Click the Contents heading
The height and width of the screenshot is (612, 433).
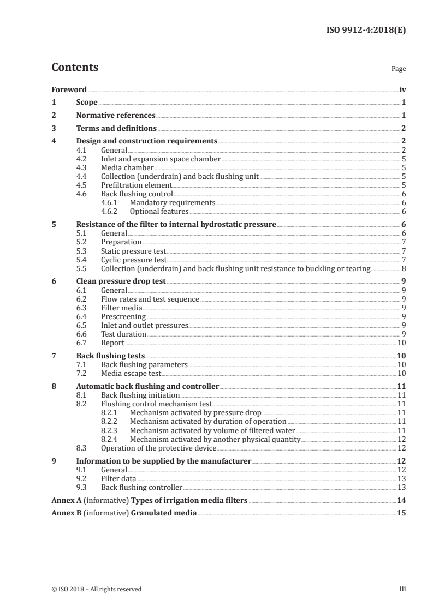coord(75,68)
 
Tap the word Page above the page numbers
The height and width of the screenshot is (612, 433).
coord(399,69)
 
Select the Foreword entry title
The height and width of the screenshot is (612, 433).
coord(69,89)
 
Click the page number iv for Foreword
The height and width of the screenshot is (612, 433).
coord(402,89)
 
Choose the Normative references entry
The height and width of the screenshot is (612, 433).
coord(116,116)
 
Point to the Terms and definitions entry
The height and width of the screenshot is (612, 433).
coord(116,129)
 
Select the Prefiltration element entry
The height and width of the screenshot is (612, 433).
coord(129,185)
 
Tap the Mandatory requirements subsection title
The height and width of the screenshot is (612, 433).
coord(173,203)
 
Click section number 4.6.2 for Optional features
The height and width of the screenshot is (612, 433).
coord(111,212)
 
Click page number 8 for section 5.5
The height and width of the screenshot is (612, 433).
coord(403,268)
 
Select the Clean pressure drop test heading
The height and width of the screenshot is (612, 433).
coord(121,282)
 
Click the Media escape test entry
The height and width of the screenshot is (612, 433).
coord(131,374)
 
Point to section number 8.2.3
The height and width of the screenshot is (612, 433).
coord(111,430)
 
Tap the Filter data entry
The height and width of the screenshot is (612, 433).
coord(118,478)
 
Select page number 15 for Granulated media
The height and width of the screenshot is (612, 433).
coord(401,513)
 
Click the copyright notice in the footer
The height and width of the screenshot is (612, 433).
coord(97,589)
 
